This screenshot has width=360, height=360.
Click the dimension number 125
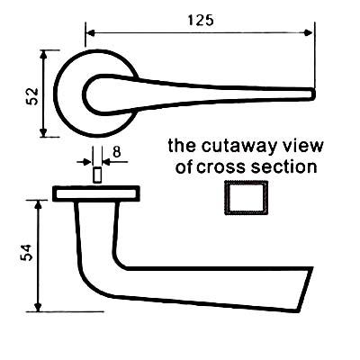pos(201,21)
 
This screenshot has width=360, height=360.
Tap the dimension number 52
pos(32,96)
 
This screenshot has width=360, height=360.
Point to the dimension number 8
pos(116,152)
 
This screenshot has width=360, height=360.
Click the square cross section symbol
pos(246,197)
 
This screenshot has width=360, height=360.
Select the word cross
pos(221,167)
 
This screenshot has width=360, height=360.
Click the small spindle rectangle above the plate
pos(97,175)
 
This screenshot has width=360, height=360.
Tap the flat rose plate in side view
pos(96,193)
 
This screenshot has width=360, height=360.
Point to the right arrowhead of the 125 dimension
pos(309,33)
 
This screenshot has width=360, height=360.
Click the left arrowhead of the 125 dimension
pos(91,33)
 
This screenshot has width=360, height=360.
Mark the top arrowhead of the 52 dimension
pos(44,55)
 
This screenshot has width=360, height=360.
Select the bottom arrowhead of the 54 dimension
pos(38,306)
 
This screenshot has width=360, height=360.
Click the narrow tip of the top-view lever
pos(314,94)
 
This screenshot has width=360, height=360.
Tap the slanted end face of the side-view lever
pos(306,290)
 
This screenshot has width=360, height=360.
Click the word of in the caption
pos(184,166)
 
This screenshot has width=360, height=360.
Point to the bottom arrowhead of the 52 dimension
pos(44,132)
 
